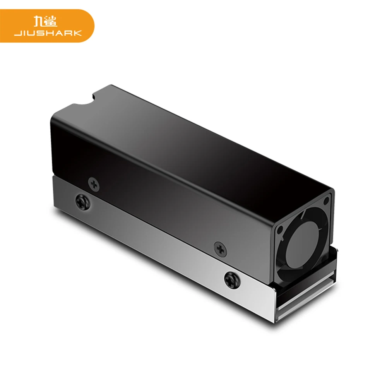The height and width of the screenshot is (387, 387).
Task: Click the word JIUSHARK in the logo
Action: pyautogui.click(x=48, y=33)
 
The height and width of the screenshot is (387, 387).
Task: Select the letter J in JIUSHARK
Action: pyautogui.click(x=16, y=33)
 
